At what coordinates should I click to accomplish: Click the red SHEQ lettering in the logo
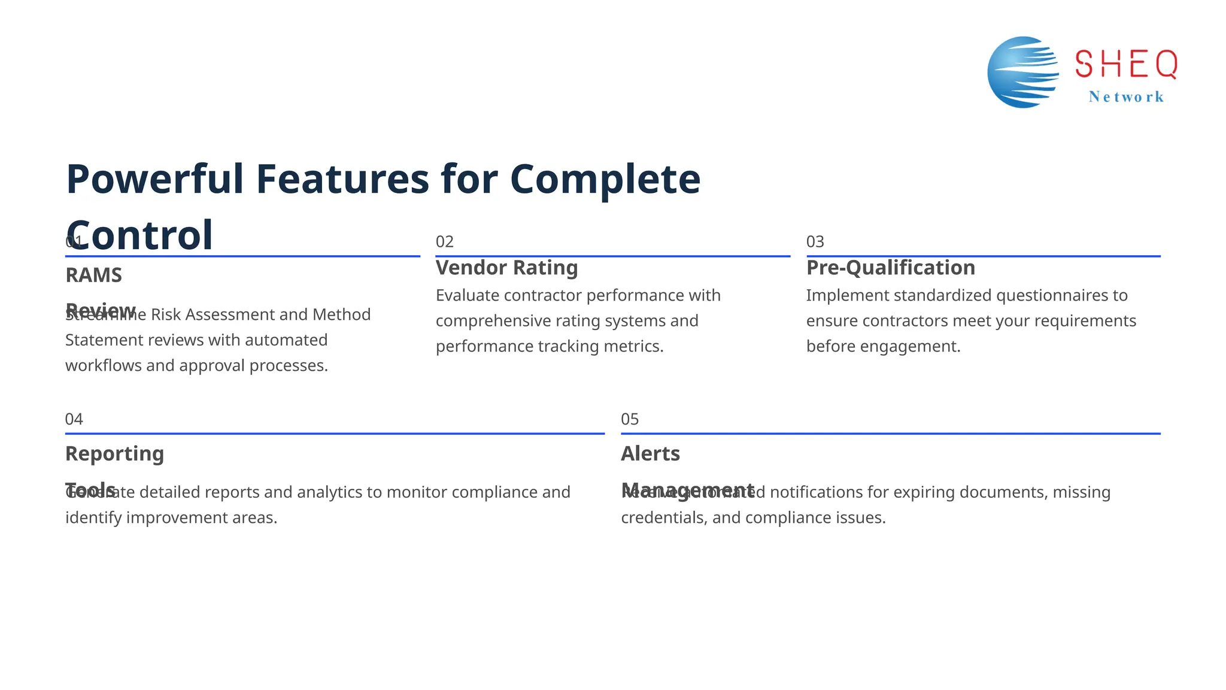click(1126, 64)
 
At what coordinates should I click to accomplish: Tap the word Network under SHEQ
click(1126, 97)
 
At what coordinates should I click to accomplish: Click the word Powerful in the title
click(154, 179)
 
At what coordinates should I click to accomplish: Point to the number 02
click(444, 242)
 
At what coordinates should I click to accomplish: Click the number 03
click(815, 242)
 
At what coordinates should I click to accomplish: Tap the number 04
click(74, 419)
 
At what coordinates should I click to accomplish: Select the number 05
click(630, 419)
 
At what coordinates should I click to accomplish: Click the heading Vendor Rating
click(506, 268)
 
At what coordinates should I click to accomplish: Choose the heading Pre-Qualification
click(890, 268)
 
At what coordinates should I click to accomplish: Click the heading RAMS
click(93, 276)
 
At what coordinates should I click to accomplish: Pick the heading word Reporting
click(114, 454)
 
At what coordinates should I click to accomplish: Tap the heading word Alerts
click(650, 454)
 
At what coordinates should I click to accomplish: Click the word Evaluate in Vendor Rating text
click(467, 295)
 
